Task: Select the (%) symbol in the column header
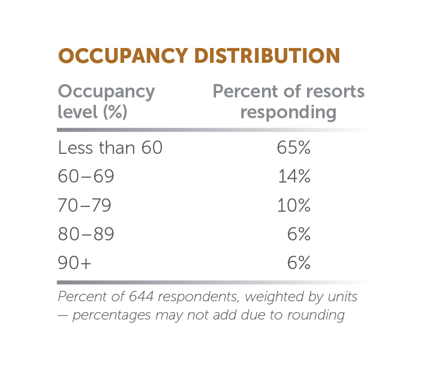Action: [115, 112]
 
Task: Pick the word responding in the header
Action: [288, 112]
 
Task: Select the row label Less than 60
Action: [110, 148]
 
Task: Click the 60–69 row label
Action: [86, 177]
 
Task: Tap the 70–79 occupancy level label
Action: [85, 205]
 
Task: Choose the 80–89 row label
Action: [86, 234]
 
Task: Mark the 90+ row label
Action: [75, 263]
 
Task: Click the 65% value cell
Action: [294, 148]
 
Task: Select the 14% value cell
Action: [294, 177]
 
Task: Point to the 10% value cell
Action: [294, 205]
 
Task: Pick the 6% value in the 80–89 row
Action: [299, 234]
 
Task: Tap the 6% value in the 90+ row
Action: [299, 263]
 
